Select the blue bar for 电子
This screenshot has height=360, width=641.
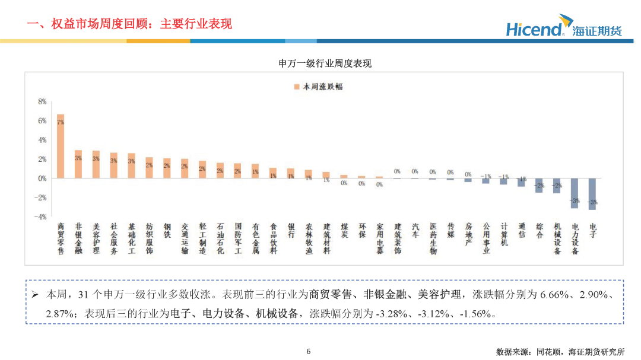point(592,194)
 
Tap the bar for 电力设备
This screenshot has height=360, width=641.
point(575,193)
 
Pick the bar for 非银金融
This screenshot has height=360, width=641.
point(78,164)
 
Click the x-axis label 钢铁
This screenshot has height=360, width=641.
point(167,231)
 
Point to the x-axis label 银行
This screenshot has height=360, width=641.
point(291,231)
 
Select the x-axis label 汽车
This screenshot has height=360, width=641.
point(415,231)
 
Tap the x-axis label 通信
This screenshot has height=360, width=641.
point(521,231)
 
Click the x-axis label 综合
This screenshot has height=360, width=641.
point(539,231)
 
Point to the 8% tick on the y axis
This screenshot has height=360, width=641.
point(42,101)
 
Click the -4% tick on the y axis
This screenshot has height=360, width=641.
point(40,216)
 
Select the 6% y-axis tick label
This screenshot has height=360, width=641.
point(42,120)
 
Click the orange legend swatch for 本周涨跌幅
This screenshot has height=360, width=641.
point(296,87)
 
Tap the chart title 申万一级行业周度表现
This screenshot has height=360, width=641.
point(325,63)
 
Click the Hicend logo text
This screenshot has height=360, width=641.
point(534,29)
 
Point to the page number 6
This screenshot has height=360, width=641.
point(308,351)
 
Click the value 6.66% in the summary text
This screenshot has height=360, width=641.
point(557,294)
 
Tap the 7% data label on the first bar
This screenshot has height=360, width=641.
point(61,122)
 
